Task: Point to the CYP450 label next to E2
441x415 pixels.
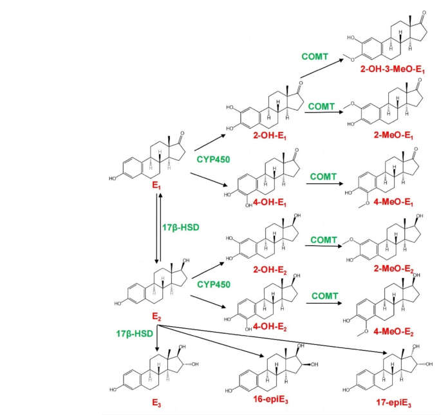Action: pos(214,283)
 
